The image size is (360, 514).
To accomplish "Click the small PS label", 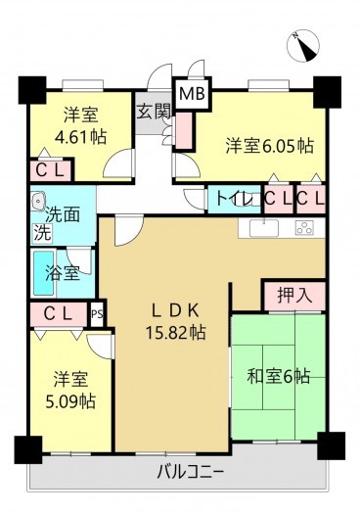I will pos(97,314).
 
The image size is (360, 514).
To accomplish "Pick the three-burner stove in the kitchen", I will pos(304,228).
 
